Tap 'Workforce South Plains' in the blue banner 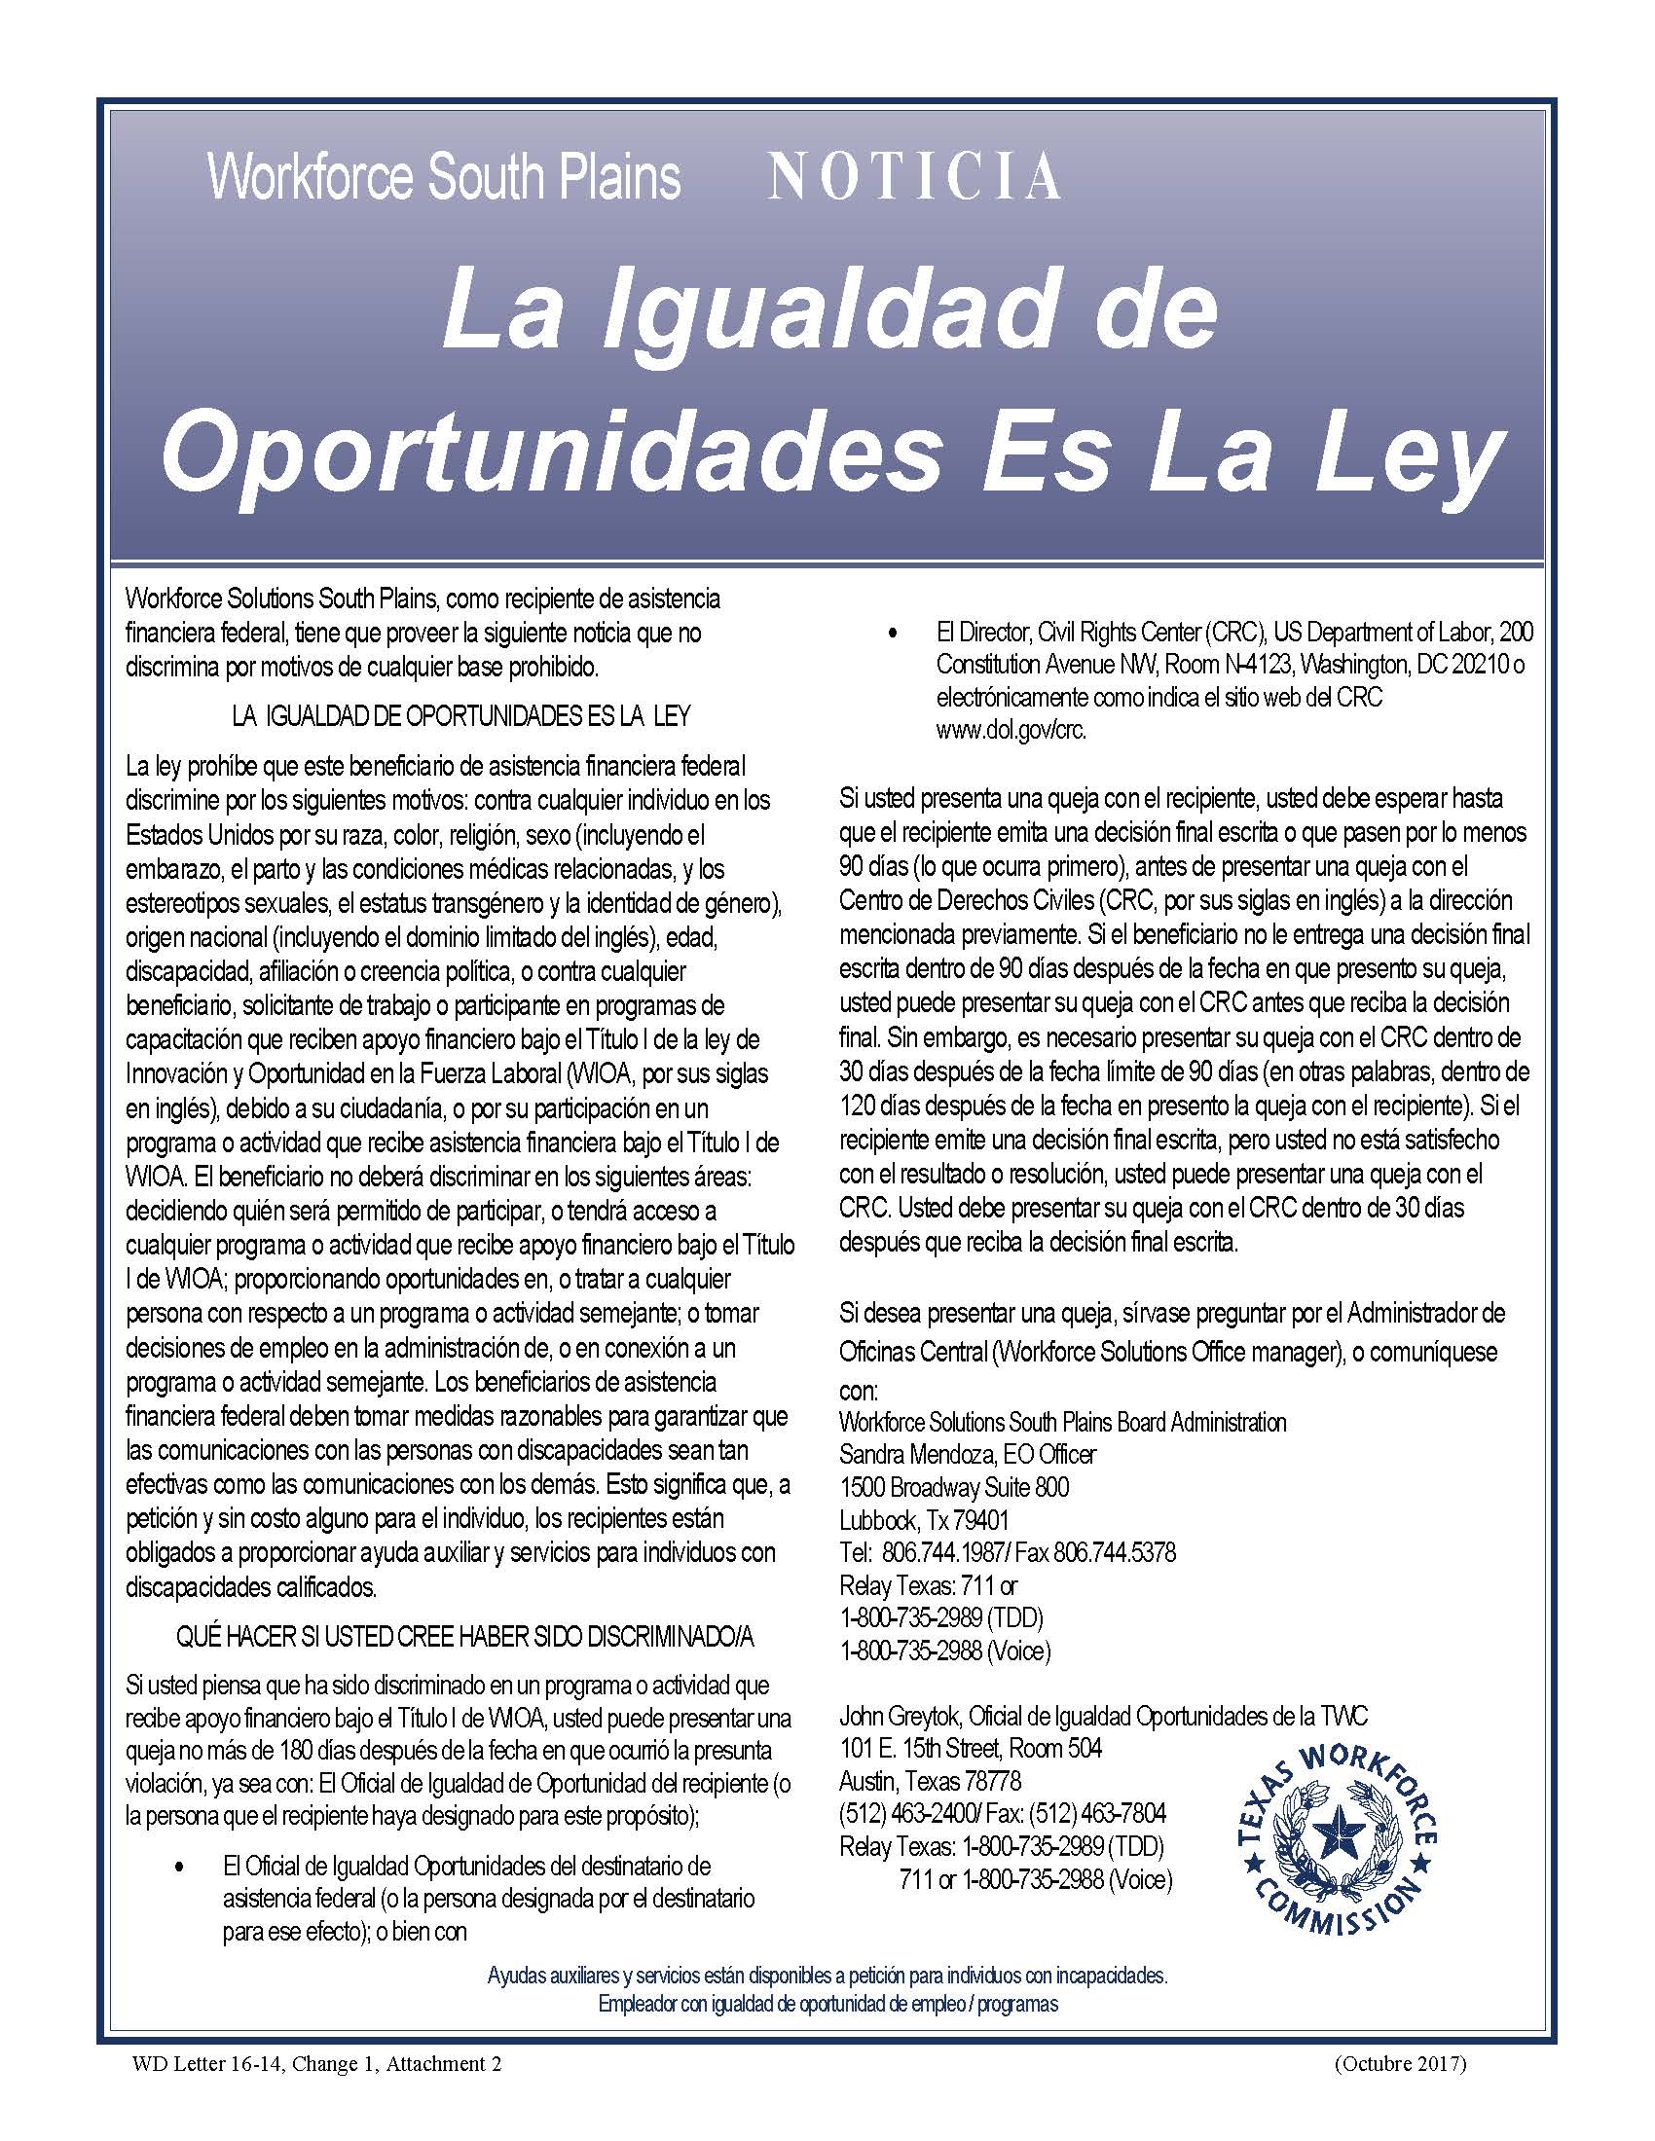pyautogui.click(x=444, y=177)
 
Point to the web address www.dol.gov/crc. pyautogui.click(x=1011, y=731)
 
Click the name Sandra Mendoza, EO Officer pyautogui.click(x=967, y=1454)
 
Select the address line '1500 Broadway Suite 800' pyautogui.click(x=954, y=1487)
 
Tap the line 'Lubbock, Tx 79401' pyautogui.click(x=924, y=1520)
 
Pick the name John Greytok pyautogui.click(x=901, y=1717)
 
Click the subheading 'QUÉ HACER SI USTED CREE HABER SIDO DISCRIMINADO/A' pyautogui.click(x=464, y=1638)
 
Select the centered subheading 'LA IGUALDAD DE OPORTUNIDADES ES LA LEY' pyautogui.click(x=460, y=716)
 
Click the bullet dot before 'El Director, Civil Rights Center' pyautogui.click(x=890, y=635)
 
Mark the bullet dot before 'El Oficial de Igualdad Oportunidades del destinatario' pyautogui.click(x=178, y=1865)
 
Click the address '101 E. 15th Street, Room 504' pyautogui.click(x=971, y=1749)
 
